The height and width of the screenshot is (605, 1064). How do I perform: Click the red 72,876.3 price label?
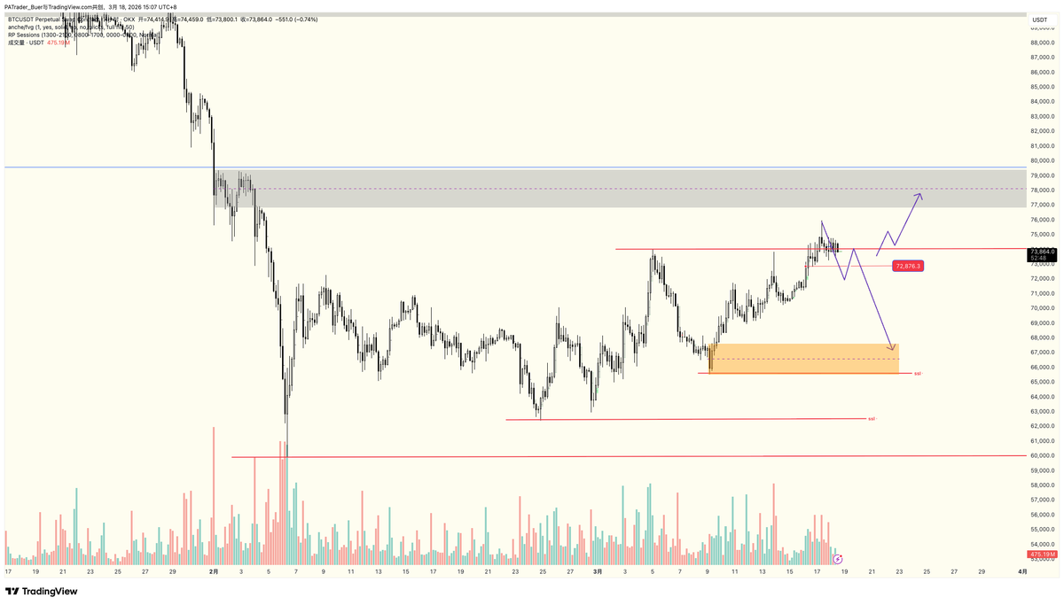tap(909, 266)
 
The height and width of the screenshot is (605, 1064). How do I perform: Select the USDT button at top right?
tap(1040, 18)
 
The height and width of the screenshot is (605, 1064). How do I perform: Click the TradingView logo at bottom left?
tap(42, 591)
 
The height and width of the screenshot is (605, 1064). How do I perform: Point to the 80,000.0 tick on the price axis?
tap(1041, 146)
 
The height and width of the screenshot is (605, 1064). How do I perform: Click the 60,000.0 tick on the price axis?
tap(1041, 456)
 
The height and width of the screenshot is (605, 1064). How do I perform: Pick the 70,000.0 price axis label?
tap(1041, 308)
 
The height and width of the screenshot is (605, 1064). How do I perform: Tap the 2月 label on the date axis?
tap(214, 572)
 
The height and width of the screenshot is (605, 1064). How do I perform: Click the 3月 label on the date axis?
tap(598, 572)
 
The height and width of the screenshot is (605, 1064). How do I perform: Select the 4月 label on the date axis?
tap(1022, 572)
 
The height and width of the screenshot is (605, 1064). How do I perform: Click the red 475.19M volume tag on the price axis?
tap(1042, 555)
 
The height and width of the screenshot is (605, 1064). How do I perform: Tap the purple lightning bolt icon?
tap(838, 559)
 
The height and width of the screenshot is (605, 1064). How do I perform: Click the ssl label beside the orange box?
tap(918, 373)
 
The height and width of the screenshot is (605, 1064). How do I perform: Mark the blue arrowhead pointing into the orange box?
tap(893, 346)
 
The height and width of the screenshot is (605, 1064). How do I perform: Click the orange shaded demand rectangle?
tap(803, 358)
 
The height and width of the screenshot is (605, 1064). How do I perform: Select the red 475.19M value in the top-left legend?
tap(59, 42)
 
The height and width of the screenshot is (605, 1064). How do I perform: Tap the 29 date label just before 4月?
tap(981, 572)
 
